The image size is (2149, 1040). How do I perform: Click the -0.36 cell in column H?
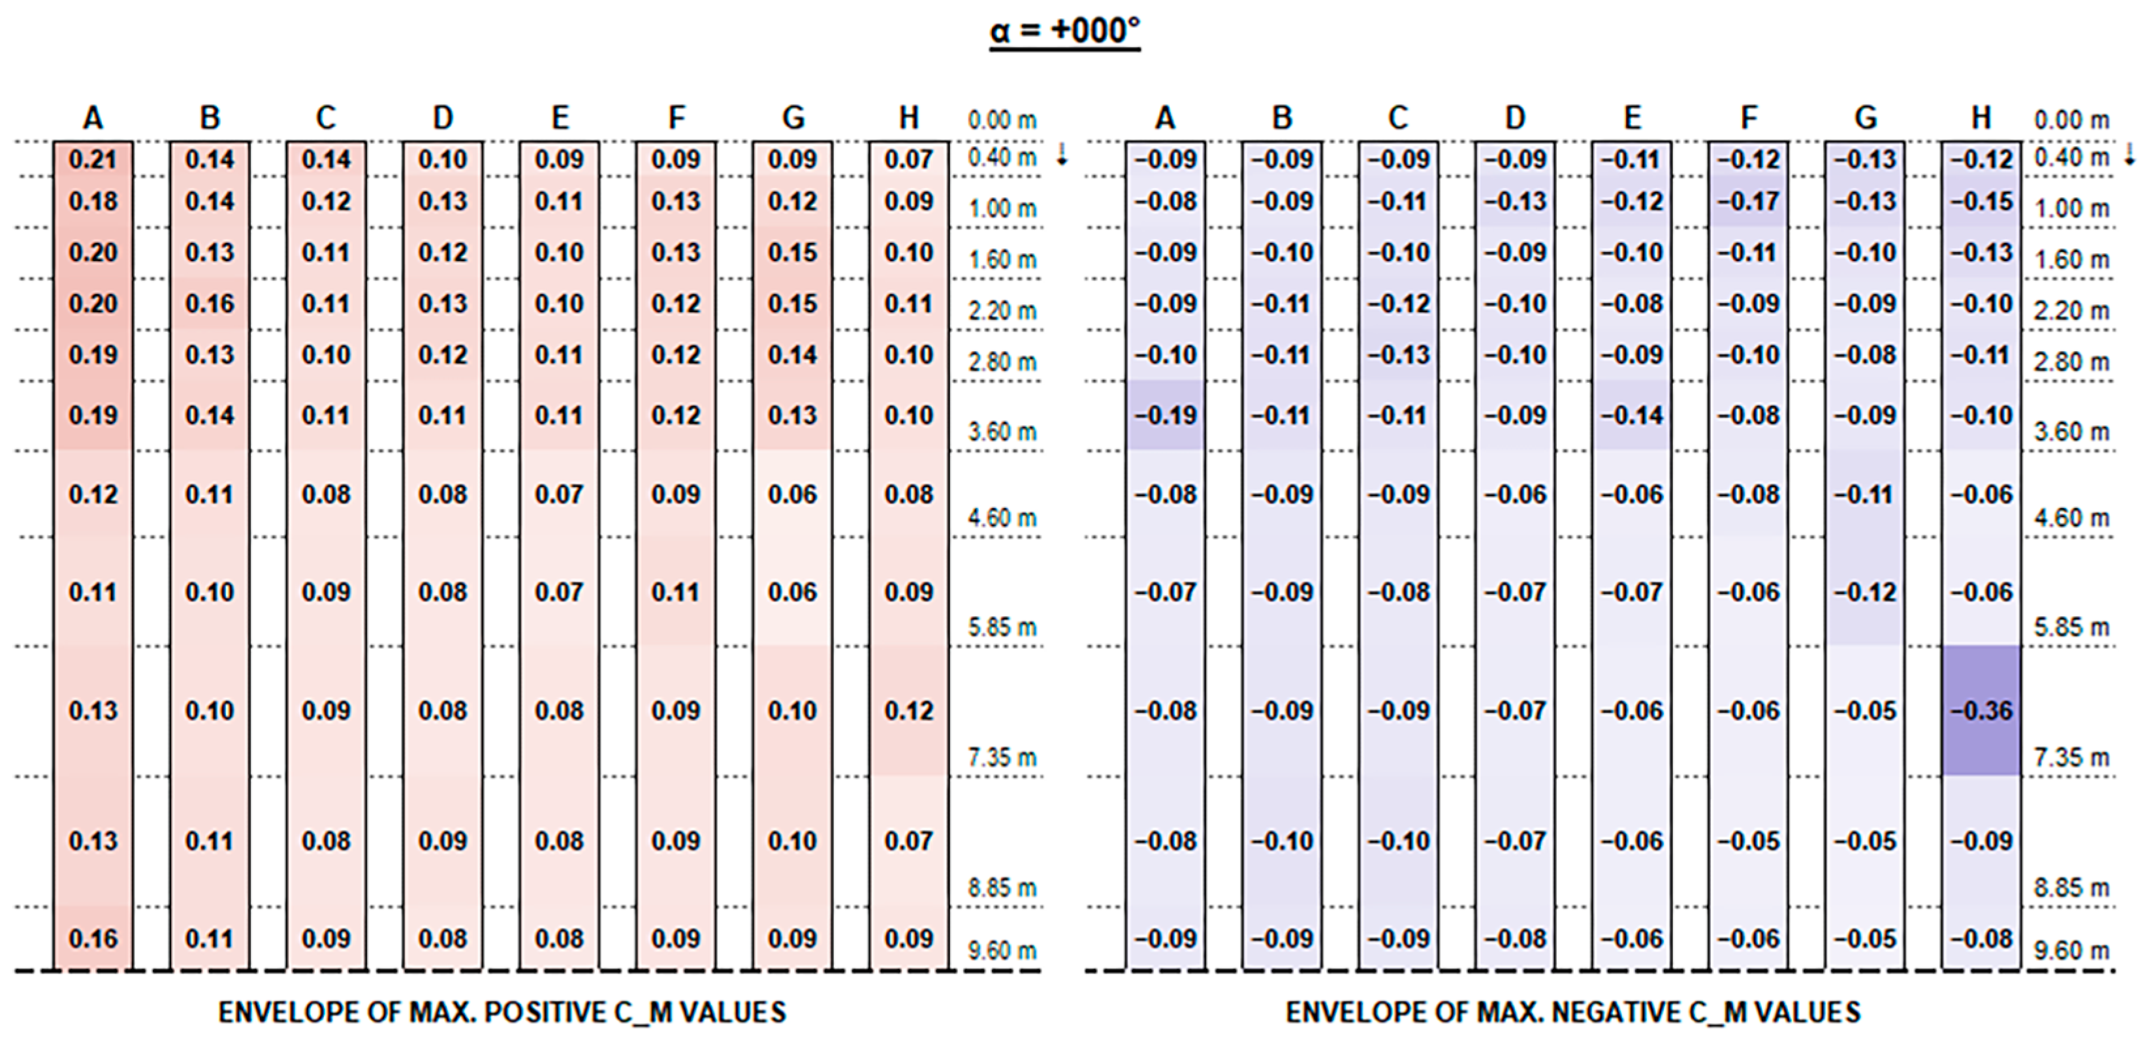tap(1981, 710)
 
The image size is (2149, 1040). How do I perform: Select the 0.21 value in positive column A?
tap(93, 159)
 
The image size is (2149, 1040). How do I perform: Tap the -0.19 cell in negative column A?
tap(1166, 415)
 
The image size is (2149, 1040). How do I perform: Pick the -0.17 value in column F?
tap(1749, 202)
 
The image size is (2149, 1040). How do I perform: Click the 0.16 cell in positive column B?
tap(210, 304)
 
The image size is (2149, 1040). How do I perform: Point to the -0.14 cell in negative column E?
tap(1632, 415)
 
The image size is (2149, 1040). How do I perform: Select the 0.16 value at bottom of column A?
tap(93, 939)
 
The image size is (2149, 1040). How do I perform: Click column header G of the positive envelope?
tap(793, 118)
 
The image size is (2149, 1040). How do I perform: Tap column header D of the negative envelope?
tap(1515, 118)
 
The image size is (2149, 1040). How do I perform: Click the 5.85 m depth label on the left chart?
tap(1002, 627)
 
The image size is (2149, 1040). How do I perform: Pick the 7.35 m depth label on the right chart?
tap(2071, 757)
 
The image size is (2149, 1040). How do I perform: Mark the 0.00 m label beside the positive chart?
tap(1002, 120)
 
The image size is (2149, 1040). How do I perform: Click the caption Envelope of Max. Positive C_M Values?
tap(501, 1012)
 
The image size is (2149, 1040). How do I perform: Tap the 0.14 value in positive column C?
tap(326, 159)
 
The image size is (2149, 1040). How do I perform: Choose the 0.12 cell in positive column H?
tap(908, 710)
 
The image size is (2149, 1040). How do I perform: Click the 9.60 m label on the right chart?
tap(2071, 950)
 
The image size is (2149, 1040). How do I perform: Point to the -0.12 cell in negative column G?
tap(1866, 592)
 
